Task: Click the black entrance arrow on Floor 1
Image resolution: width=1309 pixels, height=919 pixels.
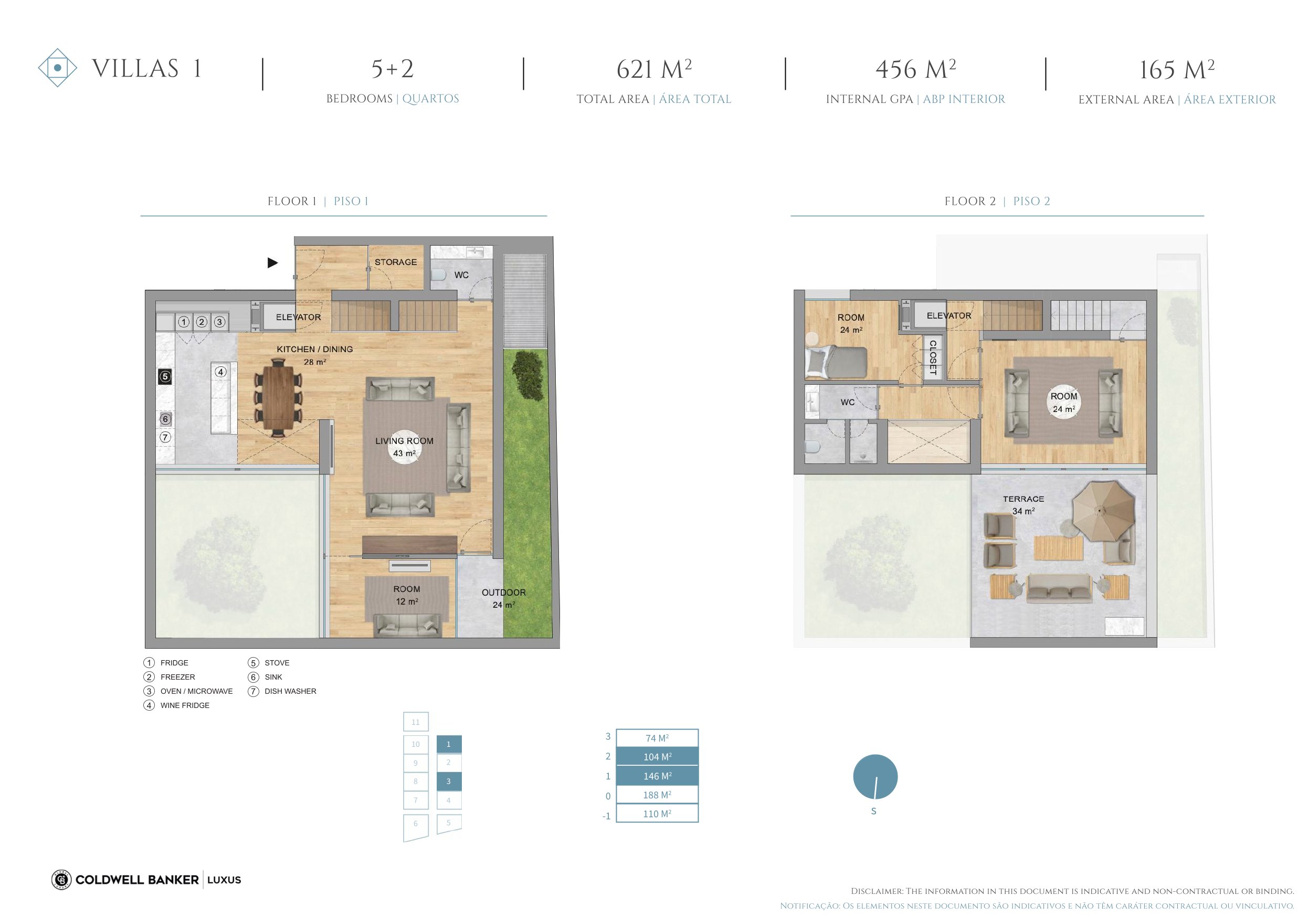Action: click(272, 263)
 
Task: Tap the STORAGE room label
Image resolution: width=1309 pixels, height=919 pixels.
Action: click(396, 262)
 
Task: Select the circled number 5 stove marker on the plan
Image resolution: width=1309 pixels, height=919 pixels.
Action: click(165, 376)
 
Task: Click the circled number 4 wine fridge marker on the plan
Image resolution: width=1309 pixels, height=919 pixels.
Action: click(220, 372)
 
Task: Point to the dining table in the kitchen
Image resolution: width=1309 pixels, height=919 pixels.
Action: click(278, 397)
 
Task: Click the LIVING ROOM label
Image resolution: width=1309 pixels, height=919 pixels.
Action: click(404, 441)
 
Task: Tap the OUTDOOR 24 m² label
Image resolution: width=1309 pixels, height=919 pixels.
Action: click(503, 598)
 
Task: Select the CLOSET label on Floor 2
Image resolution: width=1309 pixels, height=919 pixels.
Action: click(933, 357)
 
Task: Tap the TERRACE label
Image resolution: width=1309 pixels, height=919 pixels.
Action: click(1023, 499)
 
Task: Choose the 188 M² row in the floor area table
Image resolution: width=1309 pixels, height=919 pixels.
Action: click(657, 795)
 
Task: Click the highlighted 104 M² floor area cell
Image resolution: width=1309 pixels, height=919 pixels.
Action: click(657, 756)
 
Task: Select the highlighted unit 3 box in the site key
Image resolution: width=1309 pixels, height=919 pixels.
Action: click(449, 781)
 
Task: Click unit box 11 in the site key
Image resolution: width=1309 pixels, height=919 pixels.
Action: click(416, 722)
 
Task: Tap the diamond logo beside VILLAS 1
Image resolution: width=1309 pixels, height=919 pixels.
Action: click(58, 68)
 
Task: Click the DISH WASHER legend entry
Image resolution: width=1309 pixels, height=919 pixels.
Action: click(282, 691)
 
